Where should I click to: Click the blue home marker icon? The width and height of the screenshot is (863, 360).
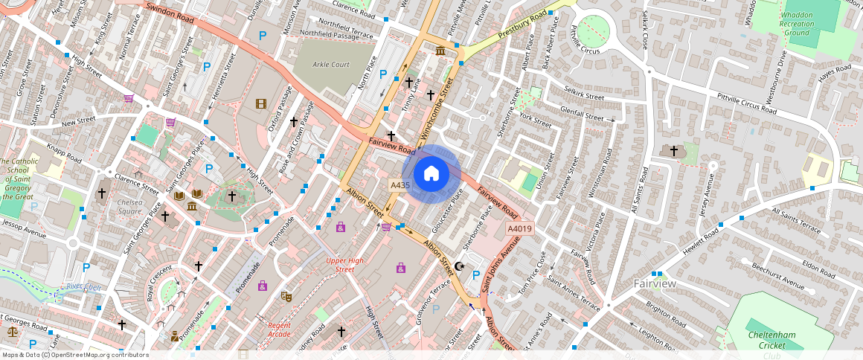[431, 174]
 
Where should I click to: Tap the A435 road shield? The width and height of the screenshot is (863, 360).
[400, 184]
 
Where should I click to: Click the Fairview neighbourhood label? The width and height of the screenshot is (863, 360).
[655, 284]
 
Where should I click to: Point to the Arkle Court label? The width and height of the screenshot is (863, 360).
[331, 65]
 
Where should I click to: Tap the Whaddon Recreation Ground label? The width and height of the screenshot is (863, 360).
[797, 24]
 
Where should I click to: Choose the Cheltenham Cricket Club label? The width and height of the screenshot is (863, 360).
[771, 340]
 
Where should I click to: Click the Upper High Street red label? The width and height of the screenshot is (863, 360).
[345, 265]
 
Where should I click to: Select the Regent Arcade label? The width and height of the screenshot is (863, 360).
[279, 330]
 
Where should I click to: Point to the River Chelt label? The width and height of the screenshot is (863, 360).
[83, 287]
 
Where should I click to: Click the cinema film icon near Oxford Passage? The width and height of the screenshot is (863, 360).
[260, 104]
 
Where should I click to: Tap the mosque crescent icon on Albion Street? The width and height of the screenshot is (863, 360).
[459, 266]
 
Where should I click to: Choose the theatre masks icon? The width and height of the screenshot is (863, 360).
[286, 296]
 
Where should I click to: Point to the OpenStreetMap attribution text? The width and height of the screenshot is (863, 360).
[76, 355]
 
